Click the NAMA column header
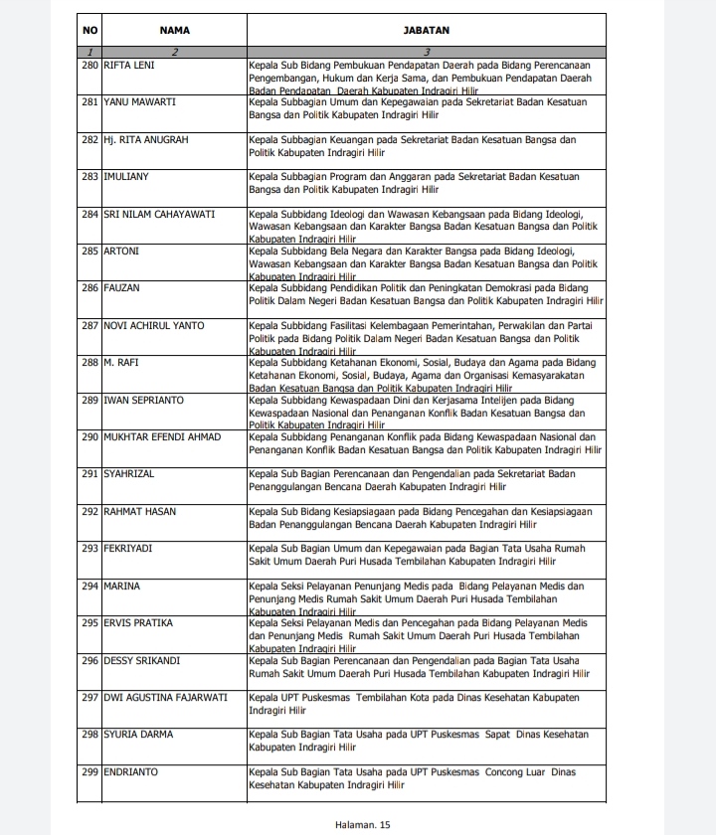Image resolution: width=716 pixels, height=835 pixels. [x=174, y=30]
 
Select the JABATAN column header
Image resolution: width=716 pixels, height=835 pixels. [x=426, y=30]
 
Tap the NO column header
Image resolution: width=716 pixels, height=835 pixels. [x=90, y=30]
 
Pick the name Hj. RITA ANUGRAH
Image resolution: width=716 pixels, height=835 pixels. [x=145, y=140]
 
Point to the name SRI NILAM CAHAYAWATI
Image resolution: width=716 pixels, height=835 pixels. [x=159, y=214]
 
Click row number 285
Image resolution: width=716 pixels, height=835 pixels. [x=90, y=251]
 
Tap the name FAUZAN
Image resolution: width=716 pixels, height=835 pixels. [x=122, y=288]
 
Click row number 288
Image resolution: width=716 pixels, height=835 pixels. [x=90, y=363]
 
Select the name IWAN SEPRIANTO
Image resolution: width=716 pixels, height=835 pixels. [x=143, y=401]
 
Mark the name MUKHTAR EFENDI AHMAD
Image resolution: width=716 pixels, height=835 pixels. [x=162, y=437]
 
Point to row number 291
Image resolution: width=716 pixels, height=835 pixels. [x=90, y=474]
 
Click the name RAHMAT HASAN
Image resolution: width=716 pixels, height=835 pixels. [x=139, y=512]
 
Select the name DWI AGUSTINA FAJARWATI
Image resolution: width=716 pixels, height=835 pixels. [x=165, y=697]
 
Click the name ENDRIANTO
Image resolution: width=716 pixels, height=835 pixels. [x=130, y=771]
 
